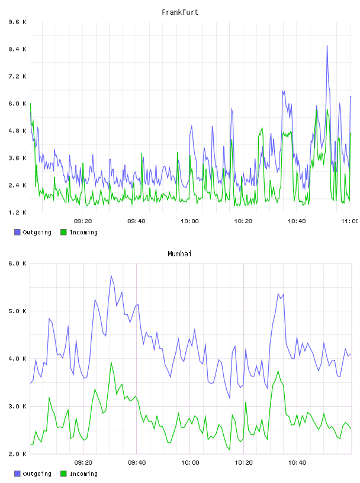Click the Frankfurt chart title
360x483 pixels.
pos(180,12)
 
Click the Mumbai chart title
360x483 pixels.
pos(179,254)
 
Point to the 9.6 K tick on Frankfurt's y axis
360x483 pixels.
pos(18,22)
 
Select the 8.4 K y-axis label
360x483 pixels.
pos(18,49)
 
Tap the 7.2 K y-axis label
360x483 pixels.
pos(18,76)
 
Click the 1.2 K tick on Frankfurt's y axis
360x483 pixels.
pos(18,212)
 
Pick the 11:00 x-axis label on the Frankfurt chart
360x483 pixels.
pos(350,221)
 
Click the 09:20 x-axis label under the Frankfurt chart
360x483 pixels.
pos(83,221)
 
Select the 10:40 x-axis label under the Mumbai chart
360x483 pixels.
pos(297,463)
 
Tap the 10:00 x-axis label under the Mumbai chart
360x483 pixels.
pos(190,463)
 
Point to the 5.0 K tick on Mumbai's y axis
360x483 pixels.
pos(18,311)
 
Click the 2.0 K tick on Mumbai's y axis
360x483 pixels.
pos(18,454)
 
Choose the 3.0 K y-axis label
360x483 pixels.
pos(18,407)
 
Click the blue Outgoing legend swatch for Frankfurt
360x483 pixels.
pos(17,232)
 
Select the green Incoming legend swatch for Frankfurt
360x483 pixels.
pos(63,232)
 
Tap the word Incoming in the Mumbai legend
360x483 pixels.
pos(83,474)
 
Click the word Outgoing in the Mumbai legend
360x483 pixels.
pos(37,474)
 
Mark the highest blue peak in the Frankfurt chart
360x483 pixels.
pos(327,46)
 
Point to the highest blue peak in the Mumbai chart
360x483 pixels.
pos(111,275)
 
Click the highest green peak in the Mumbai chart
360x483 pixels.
pos(111,362)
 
